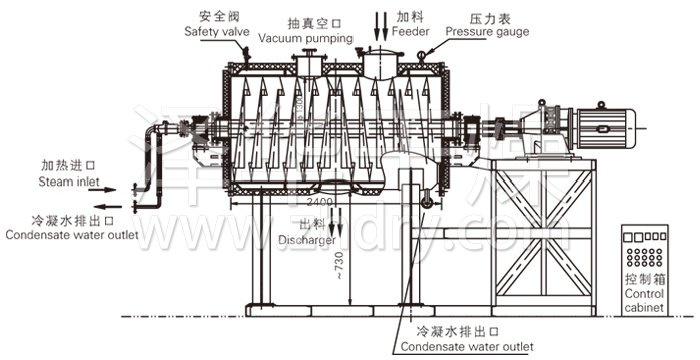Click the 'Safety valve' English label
(x=216, y=32)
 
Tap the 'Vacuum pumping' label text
(x=306, y=38)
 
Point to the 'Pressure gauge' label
(x=487, y=32)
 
